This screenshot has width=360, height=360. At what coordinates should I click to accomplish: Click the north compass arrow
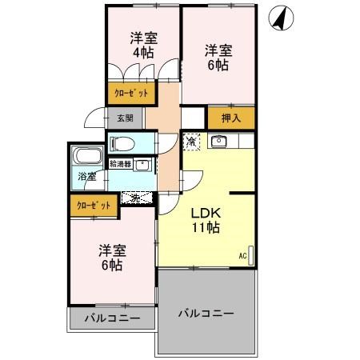[x=281, y=17]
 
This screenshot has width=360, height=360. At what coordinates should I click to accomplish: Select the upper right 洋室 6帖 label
[x=217, y=56]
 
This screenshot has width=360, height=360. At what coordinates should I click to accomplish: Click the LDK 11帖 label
[x=206, y=220]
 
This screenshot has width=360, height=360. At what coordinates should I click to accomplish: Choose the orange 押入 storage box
[x=230, y=118]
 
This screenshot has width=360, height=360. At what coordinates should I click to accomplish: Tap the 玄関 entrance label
[x=126, y=118]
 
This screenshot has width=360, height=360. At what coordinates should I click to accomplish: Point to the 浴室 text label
[x=86, y=177]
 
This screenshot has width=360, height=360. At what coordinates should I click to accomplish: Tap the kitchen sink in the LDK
[x=218, y=142]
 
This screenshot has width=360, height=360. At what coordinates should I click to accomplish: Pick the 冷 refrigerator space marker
[x=192, y=142]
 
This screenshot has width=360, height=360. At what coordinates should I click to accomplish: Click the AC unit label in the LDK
[x=242, y=257]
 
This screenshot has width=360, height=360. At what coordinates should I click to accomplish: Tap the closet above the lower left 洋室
[x=94, y=206]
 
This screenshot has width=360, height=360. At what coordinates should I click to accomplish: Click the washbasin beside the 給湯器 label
[x=142, y=166]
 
